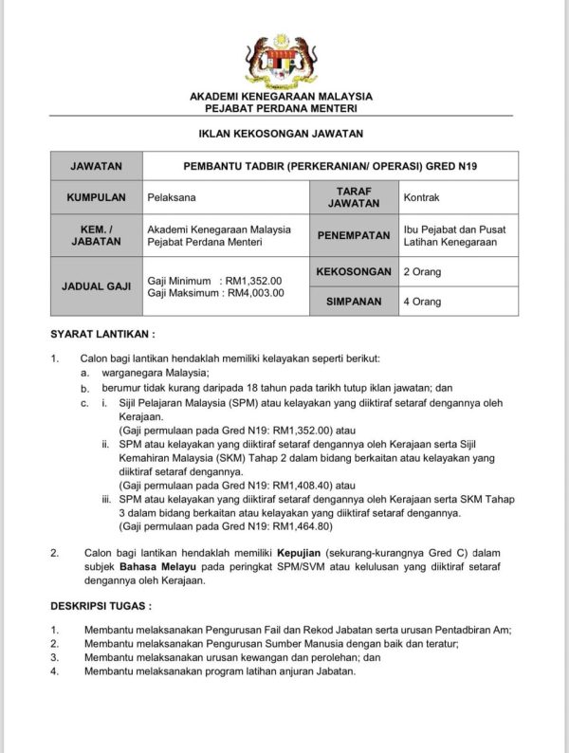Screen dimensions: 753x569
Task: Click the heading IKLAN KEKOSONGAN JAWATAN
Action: (x=282, y=134)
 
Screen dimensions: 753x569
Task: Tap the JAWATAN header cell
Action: (x=96, y=166)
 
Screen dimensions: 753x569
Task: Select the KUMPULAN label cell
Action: (x=96, y=198)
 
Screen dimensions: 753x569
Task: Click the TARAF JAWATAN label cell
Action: (x=353, y=197)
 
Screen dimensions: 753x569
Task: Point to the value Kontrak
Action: (x=422, y=198)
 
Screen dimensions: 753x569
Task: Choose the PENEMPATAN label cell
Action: (x=353, y=235)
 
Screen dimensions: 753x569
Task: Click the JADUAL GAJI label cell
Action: (x=96, y=285)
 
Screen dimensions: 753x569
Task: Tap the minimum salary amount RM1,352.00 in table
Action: (x=254, y=281)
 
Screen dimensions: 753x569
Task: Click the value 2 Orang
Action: (x=422, y=272)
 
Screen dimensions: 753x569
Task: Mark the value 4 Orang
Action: (x=422, y=302)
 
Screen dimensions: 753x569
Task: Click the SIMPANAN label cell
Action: (x=353, y=302)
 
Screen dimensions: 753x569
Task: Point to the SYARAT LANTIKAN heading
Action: (x=102, y=335)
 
